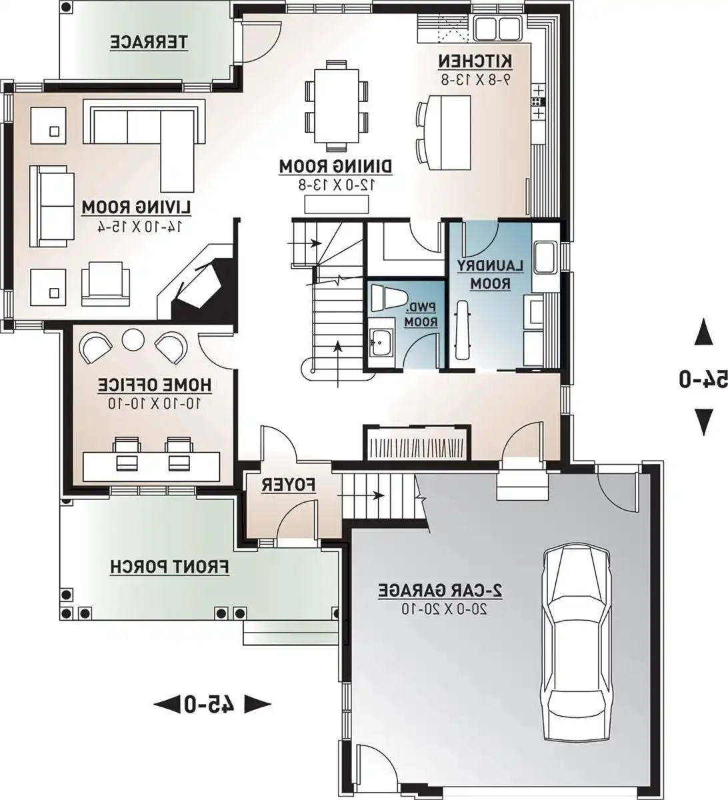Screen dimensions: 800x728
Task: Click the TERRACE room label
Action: (x=149, y=43)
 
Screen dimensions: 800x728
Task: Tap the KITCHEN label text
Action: (x=475, y=61)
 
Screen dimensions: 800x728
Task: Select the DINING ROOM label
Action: (x=335, y=165)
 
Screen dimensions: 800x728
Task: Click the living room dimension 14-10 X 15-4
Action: (x=138, y=227)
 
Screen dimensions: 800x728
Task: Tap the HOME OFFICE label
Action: (x=155, y=385)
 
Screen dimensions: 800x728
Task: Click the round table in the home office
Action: (x=133, y=339)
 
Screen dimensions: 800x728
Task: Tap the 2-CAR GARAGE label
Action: (x=440, y=590)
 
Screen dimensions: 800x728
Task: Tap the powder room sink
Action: (x=381, y=343)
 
